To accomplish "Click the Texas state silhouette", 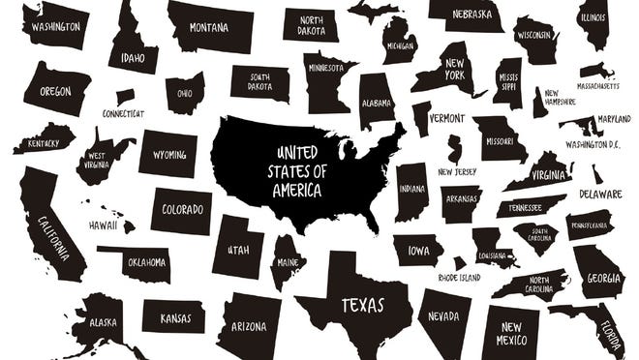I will [353, 306].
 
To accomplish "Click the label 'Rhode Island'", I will [460, 278].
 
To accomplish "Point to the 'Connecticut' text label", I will [124, 113].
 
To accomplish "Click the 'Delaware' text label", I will [600, 194].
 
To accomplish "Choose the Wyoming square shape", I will [167, 155].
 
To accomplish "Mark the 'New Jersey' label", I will [457, 172].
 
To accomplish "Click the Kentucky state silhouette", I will [42, 141].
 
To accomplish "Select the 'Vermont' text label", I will [445, 118].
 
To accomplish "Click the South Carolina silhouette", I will [534, 235].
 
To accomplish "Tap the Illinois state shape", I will [593, 23].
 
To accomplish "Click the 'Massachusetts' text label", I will [597, 85].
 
